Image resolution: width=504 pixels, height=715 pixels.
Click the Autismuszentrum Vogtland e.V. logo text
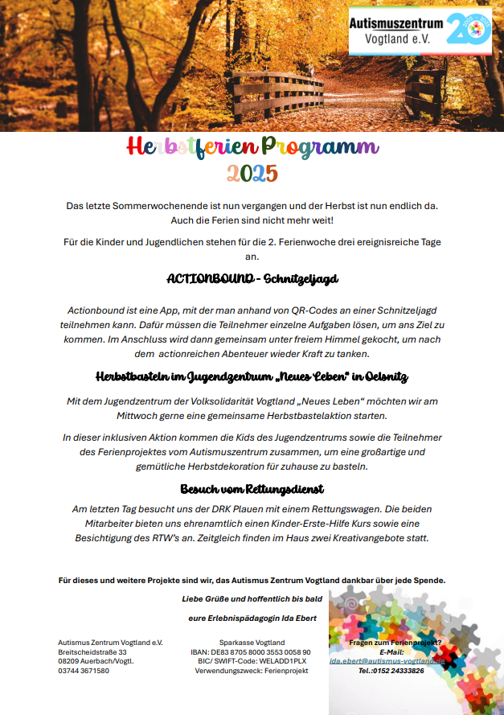[x=397, y=31]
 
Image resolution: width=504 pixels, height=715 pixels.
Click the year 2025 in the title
[x=252, y=173]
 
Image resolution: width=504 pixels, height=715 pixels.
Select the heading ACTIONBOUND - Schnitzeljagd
[x=252, y=279]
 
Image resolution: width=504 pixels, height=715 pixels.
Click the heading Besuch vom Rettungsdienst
[x=252, y=488]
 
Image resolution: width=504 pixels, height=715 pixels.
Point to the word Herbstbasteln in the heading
[x=133, y=376]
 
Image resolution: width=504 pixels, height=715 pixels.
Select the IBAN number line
[x=252, y=651]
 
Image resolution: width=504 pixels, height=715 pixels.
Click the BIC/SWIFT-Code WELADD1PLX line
[x=252, y=660]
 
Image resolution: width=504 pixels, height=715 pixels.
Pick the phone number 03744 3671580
[x=84, y=670]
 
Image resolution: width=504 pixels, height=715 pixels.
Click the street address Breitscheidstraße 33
[x=92, y=651]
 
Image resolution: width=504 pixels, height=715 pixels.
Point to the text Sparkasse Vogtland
[x=252, y=643]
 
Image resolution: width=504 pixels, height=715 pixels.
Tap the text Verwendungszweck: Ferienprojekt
[x=252, y=670]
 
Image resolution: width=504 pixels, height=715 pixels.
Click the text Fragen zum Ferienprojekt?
[x=395, y=643]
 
